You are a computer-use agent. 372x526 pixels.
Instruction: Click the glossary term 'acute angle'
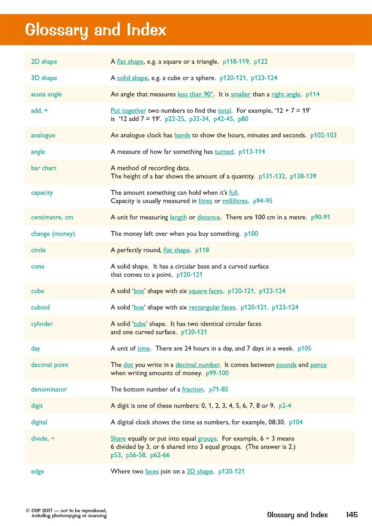46,94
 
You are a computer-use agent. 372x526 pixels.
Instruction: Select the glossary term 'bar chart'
44,168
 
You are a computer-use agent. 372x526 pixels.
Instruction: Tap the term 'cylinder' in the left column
42,324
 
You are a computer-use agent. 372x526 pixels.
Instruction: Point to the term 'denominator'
49,389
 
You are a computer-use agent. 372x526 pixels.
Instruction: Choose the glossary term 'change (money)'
53,234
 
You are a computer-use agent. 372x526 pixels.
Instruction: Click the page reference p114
312,94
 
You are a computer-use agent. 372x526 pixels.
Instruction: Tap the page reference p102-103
323,135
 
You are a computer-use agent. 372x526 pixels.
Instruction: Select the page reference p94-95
262,201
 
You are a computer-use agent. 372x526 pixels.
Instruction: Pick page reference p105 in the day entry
304,348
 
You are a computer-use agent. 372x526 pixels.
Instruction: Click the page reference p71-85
218,389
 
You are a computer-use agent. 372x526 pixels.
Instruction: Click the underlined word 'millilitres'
235,201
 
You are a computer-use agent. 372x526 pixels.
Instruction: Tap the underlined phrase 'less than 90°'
195,94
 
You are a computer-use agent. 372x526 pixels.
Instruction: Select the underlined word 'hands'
182,135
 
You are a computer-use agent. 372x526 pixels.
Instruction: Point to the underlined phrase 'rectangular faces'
212,307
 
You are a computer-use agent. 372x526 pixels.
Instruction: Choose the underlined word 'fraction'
193,389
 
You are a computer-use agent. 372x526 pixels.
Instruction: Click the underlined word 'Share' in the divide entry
118,439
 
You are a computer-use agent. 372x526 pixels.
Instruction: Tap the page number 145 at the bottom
352,514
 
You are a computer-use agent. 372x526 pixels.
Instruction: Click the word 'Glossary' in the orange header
56,30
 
